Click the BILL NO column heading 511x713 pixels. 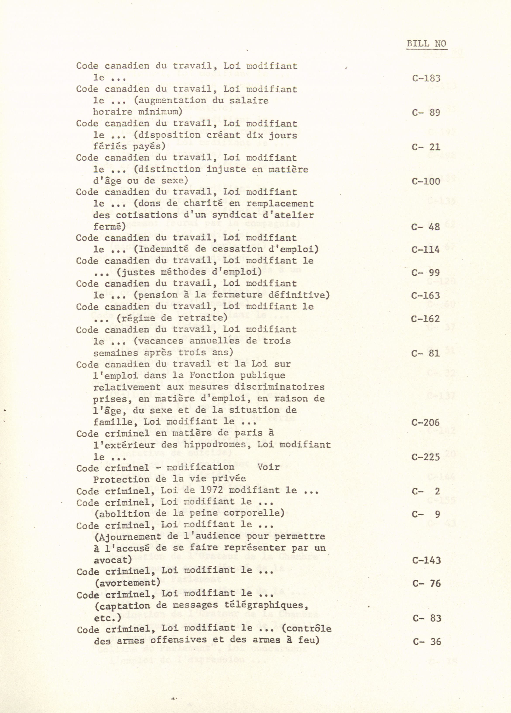pos(426,44)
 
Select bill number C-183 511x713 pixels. pos(426,78)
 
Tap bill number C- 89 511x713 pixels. pos(426,112)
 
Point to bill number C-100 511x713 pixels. pos(426,181)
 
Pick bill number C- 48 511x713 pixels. pos(426,227)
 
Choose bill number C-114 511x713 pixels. pos(426,250)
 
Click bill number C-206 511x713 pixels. pos(426,422)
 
